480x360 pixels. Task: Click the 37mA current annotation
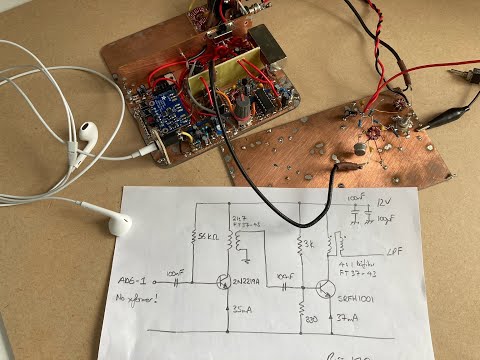tap(349, 316)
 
